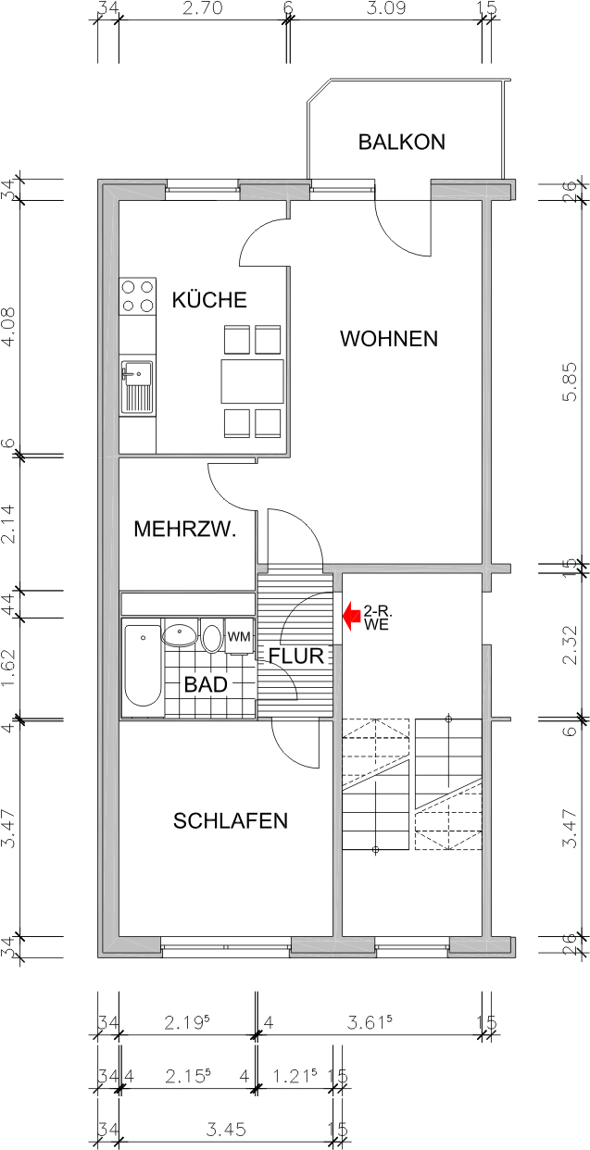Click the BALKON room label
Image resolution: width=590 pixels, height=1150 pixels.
click(x=402, y=143)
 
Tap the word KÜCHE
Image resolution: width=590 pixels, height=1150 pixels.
click(x=209, y=300)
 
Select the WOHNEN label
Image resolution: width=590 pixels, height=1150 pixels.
click(x=388, y=339)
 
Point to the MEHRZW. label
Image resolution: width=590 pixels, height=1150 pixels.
click(x=185, y=530)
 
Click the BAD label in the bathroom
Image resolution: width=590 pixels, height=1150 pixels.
click(x=206, y=685)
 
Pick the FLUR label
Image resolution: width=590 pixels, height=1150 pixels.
click(x=296, y=656)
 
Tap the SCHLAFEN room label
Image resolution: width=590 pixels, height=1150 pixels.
click(x=231, y=820)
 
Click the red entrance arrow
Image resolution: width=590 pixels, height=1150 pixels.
click(x=352, y=613)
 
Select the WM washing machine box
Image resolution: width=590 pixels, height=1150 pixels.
click(x=240, y=637)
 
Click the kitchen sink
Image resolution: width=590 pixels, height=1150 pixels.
click(x=138, y=387)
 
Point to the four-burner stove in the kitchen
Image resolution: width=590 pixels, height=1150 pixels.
click(x=138, y=296)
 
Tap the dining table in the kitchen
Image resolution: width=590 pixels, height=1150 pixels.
click(x=252, y=381)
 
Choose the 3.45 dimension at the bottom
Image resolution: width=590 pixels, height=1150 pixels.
click(x=224, y=1131)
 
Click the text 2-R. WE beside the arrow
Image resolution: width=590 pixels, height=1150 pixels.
click(x=376, y=619)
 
